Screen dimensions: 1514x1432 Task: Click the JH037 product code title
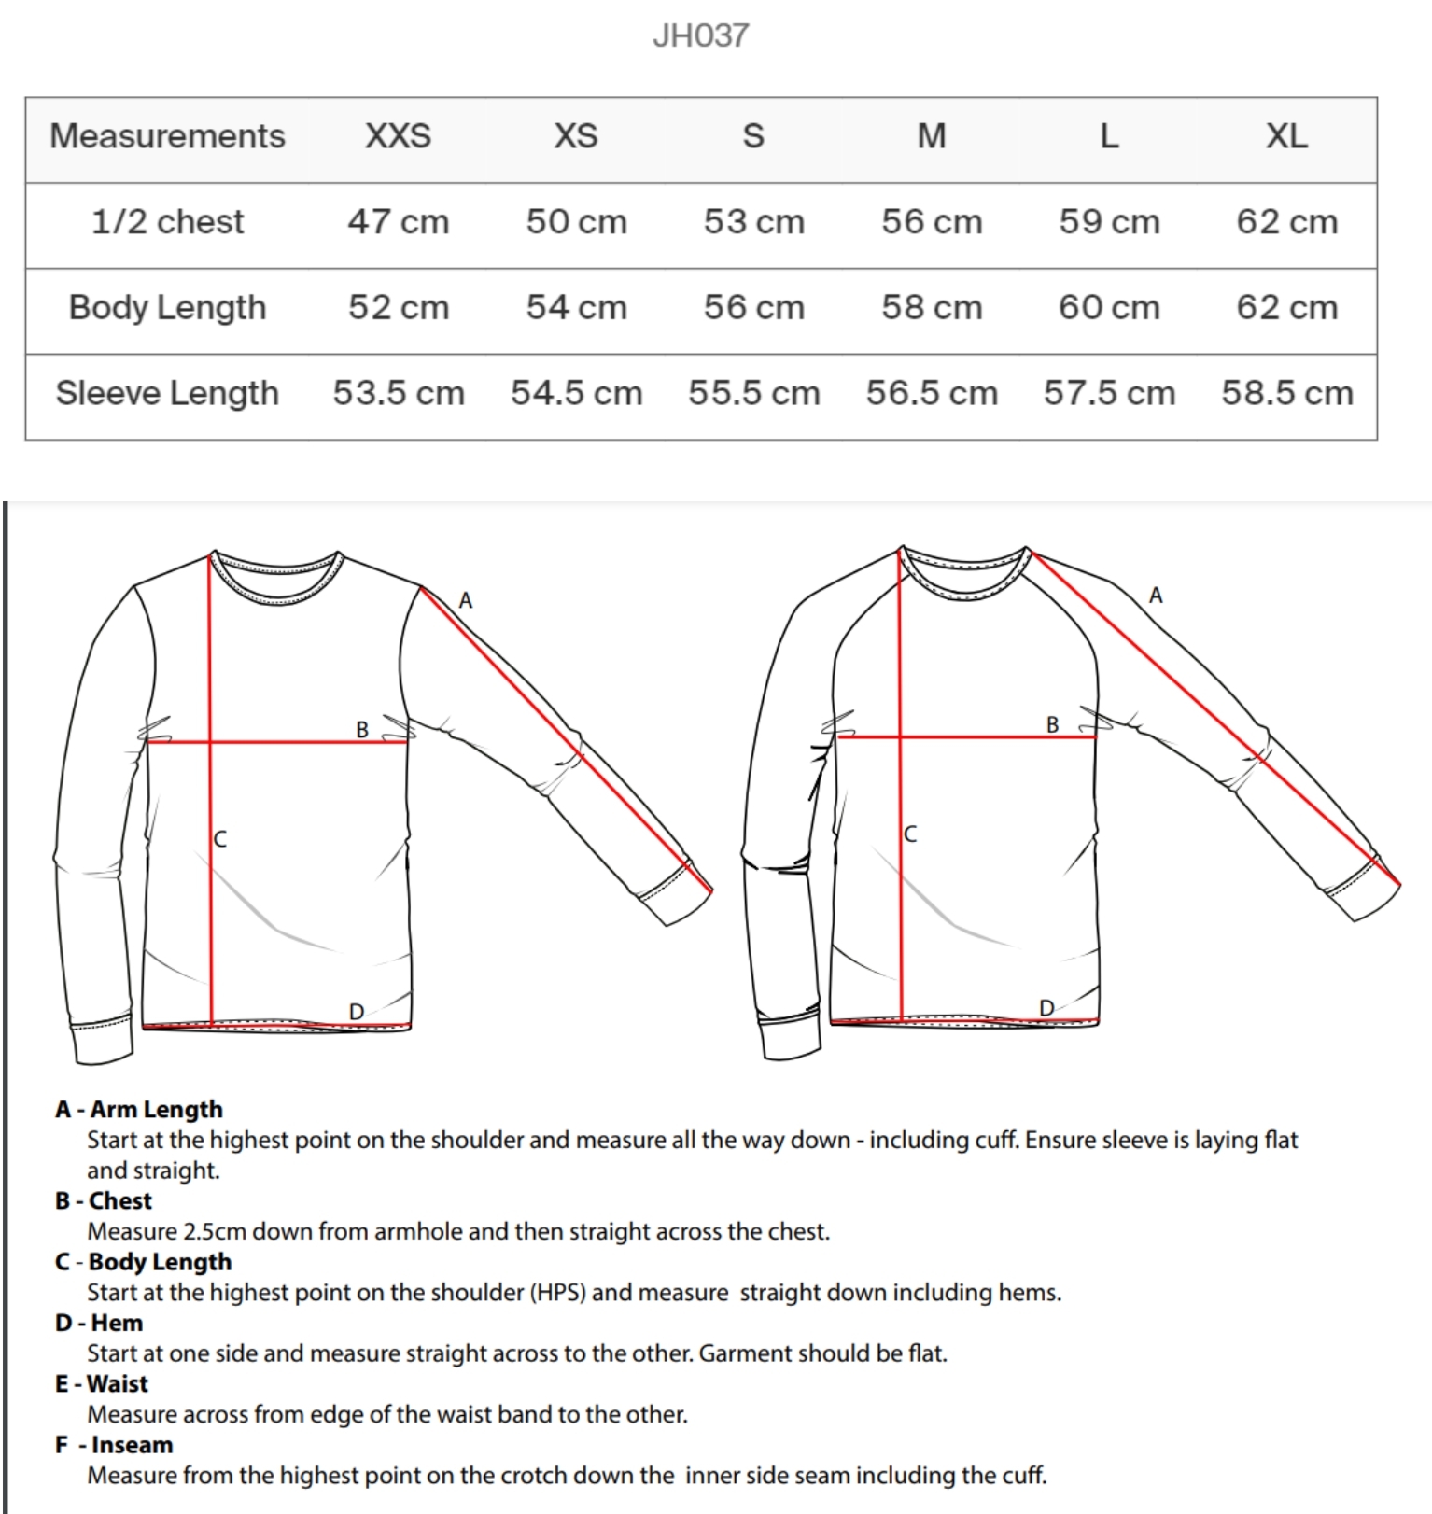pos(700,35)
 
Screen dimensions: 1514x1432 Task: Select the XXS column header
pos(398,136)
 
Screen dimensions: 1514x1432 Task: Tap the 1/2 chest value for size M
pos(932,222)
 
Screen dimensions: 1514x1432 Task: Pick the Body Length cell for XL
pos(1286,307)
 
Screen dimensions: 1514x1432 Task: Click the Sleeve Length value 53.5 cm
pos(399,393)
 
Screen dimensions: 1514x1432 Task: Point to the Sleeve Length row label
pos(167,393)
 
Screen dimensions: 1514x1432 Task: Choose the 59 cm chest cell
pos(1109,222)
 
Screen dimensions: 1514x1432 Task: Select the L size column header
pos(1109,136)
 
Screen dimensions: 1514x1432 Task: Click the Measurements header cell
pos(167,136)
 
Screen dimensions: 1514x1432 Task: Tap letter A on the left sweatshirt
pos(466,601)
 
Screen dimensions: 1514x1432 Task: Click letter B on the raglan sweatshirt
pos(1052,725)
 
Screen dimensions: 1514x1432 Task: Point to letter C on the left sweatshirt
pos(220,839)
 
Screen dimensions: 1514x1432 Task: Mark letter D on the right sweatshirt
pos(1046,1008)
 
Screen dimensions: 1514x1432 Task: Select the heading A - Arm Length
pos(139,1109)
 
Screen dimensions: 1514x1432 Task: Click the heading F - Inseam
pos(114,1445)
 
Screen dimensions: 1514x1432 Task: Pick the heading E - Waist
pos(102,1383)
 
